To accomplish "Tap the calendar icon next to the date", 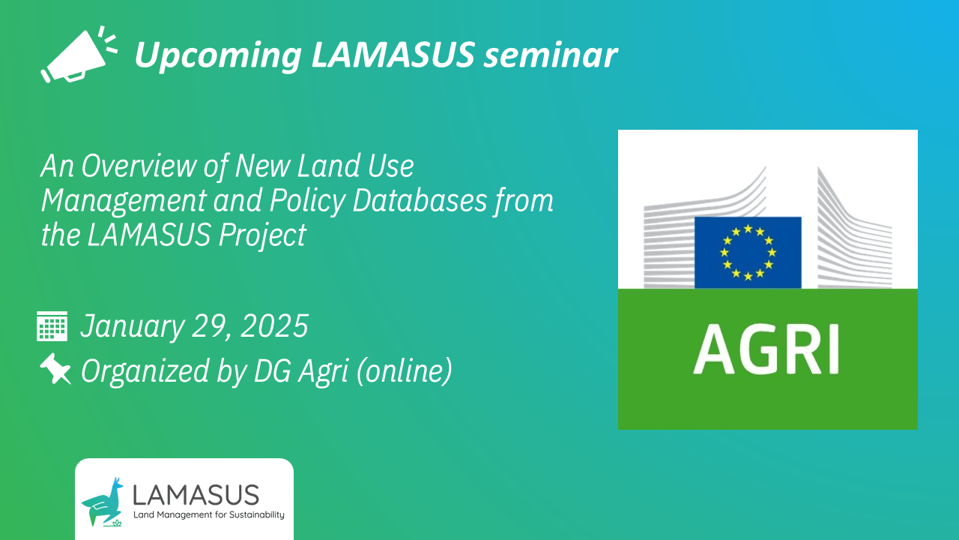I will tap(52, 327).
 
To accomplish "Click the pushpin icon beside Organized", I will tap(55, 369).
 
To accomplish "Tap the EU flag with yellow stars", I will tap(748, 252).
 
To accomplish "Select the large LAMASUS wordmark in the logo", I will tap(195, 494).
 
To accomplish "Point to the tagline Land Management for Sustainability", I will tap(208, 515).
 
